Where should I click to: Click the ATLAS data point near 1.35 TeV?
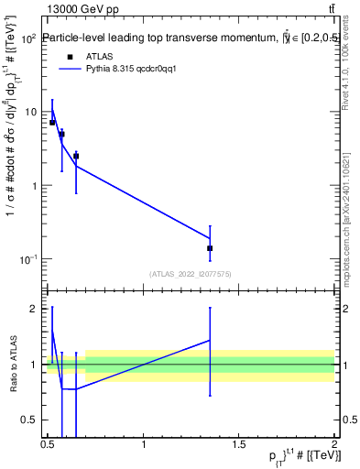pyautogui.click(x=210, y=248)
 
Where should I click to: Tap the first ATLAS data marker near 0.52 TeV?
pyautogui.click(x=52, y=122)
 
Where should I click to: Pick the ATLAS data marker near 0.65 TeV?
pyautogui.click(x=76, y=156)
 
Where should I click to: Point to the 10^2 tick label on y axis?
pyautogui.click(x=28, y=39)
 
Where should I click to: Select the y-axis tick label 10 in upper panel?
pyautogui.click(x=30, y=113)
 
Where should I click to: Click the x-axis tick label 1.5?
pyautogui.click(x=239, y=444)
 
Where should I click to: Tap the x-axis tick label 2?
pyautogui.click(x=334, y=444)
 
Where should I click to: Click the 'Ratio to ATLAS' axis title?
pyautogui.click(x=14, y=364)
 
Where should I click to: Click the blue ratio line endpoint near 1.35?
pyautogui.click(x=210, y=340)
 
